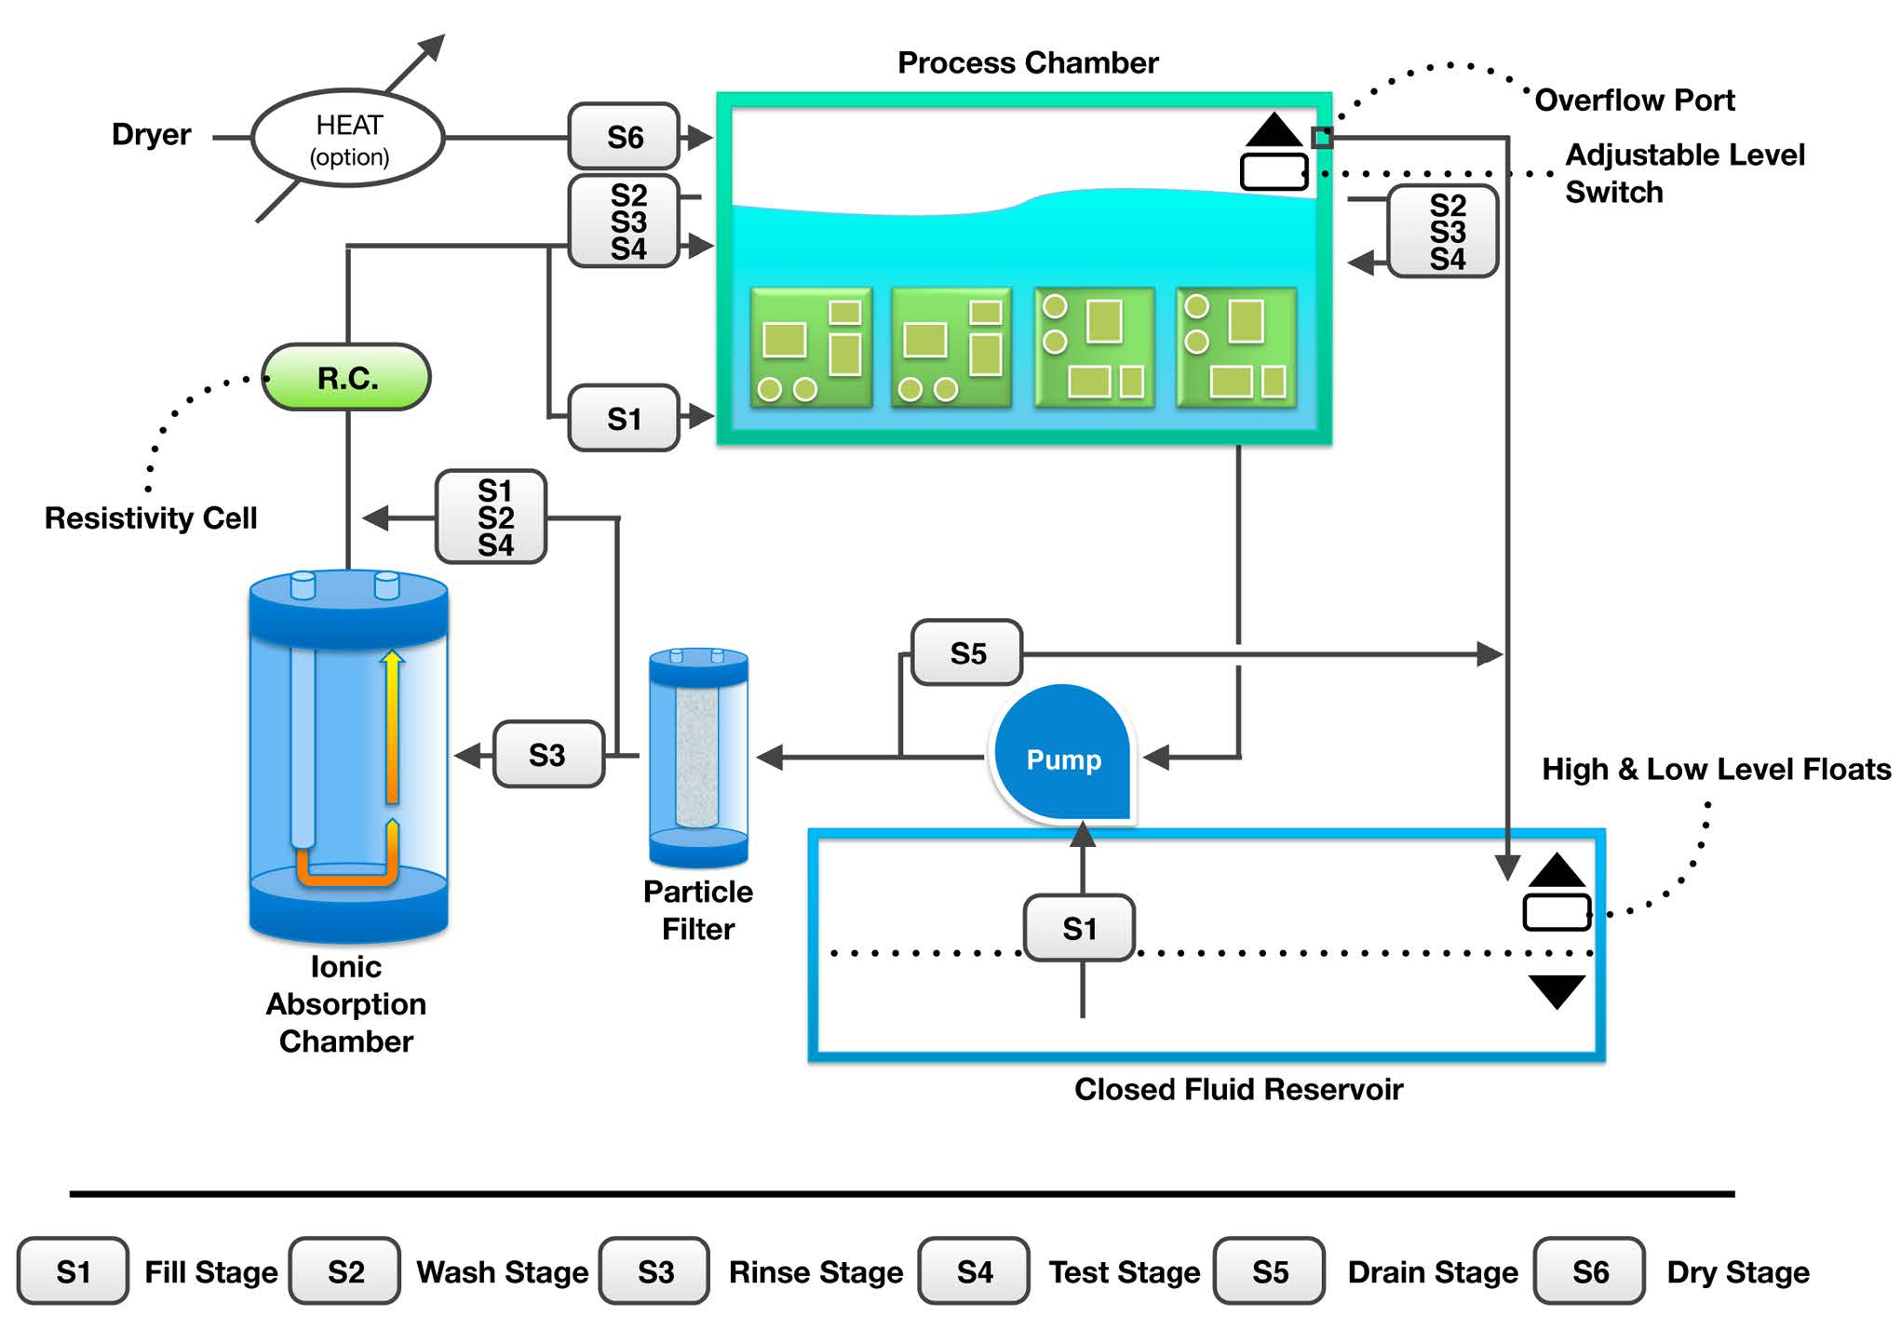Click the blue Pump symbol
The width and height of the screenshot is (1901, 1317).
pyautogui.click(x=1062, y=756)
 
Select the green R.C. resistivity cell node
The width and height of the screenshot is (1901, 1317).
pyautogui.click(x=346, y=377)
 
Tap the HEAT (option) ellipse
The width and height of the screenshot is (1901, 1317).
pyautogui.click(x=348, y=139)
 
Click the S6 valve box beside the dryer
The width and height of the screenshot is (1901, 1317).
pyautogui.click(x=624, y=137)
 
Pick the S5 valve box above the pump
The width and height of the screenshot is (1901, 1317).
pyautogui.click(x=967, y=652)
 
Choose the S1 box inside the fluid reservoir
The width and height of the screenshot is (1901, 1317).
pyautogui.click(x=1079, y=927)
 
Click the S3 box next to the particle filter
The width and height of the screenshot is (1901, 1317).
pyautogui.click(x=547, y=754)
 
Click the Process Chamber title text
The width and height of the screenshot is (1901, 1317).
pyautogui.click(x=1028, y=62)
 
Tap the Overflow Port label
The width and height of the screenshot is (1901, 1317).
pyautogui.click(x=1634, y=100)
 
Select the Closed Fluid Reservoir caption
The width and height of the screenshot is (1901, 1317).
pyautogui.click(x=1238, y=1088)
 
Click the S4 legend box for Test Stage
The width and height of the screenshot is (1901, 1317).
pyautogui.click(x=974, y=1270)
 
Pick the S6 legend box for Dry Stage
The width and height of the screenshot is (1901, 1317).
pyautogui.click(x=1589, y=1270)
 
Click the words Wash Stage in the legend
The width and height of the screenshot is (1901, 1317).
pyautogui.click(x=502, y=1271)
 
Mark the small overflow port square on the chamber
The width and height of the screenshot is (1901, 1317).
pyautogui.click(x=1321, y=138)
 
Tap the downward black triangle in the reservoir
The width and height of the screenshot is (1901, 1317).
pyautogui.click(x=1557, y=990)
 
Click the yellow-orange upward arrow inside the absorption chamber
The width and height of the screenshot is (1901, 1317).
pyautogui.click(x=392, y=726)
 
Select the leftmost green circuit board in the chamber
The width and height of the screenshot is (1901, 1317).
pyautogui.click(x=811, y=348)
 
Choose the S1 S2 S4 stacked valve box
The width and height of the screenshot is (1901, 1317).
pyautogui.click(x=492, y=517)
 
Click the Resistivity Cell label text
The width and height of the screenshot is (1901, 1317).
pyautogui.click(x=151, y=517)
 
